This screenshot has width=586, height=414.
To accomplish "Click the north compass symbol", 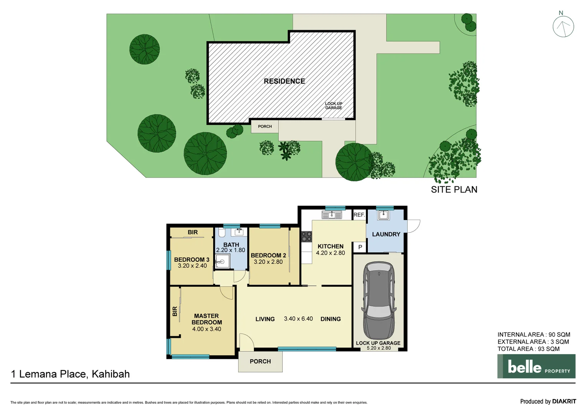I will click(x=563, y=26).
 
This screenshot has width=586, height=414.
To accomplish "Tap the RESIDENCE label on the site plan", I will click(x=284, y=81).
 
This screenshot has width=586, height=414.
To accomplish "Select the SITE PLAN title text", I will click(x=454, y=189).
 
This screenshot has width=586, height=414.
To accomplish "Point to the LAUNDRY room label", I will click(x=386, y=234).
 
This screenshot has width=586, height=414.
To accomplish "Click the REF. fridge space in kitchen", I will click(x=359, y=215).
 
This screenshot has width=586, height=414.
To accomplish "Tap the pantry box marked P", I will click(x=360, y=247).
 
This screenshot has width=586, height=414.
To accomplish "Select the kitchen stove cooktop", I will click(x=306, y=237).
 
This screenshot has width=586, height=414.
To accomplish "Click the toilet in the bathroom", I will click(x=222, y=233).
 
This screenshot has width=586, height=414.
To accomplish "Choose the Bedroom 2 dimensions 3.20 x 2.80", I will click(x=268, y=262).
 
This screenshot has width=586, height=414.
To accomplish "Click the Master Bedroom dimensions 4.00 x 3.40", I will click(x=207, y=329).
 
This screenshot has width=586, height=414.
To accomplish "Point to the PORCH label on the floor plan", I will click(x=260, y=361).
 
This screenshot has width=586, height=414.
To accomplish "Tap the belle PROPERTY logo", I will click(x=536, y=366).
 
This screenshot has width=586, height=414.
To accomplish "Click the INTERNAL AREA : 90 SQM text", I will click(x=533, y=335).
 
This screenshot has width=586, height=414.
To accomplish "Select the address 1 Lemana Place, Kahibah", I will click(x=71, y=374).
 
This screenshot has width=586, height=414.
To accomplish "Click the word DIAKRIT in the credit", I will click(x=564, y=401).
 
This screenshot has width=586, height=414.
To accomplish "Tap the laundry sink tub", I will click(x=383, y=215).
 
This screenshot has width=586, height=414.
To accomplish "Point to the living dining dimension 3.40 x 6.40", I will click(x=298, y=319).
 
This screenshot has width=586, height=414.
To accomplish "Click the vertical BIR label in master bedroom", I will click(x=175, y=311).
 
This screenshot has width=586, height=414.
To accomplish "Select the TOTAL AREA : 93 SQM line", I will click(x=528, y=349).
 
